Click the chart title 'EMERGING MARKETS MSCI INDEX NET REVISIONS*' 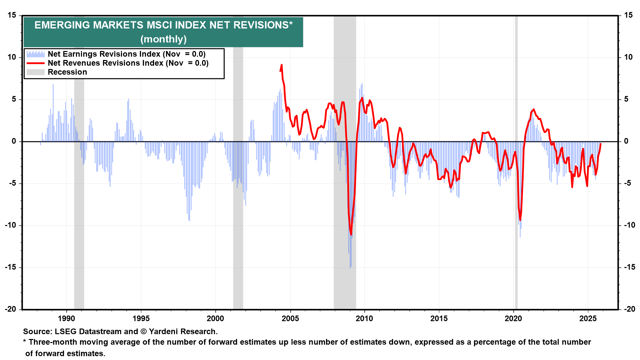(163, 25)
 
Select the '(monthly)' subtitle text (163, 39)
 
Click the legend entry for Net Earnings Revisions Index (126, 54)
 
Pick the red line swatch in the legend (35, 63)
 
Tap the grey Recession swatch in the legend (35, 72)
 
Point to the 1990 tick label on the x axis (66, 318)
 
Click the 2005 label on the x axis (290, 318)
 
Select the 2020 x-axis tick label (513, 318)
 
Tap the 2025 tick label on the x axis (588, 318)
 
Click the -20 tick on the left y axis (11, 309)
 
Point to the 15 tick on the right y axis (628, 15)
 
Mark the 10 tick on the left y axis (12, 57)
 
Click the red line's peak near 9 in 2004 (282, 65)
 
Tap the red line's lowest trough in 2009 (351, 234)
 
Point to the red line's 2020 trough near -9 (520, 220)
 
